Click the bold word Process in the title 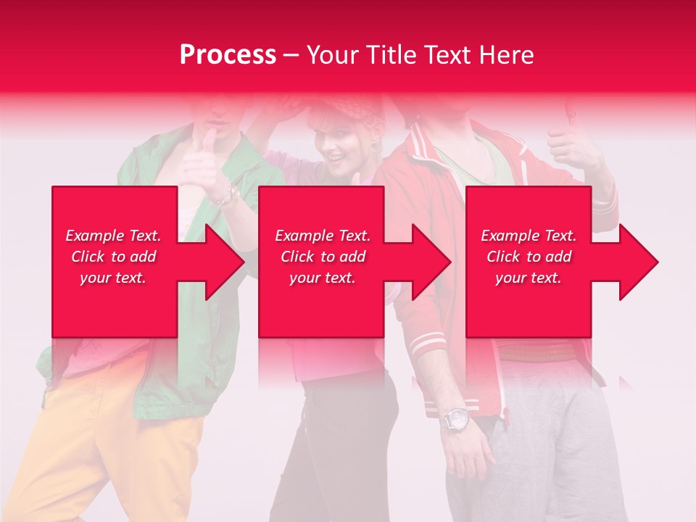click(228, 54)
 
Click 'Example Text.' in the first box click(113, 236)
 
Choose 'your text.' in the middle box click(323, 278)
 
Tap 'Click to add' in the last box click(529, 257)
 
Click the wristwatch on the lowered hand click(455, 419)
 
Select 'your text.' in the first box click(113, 278)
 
